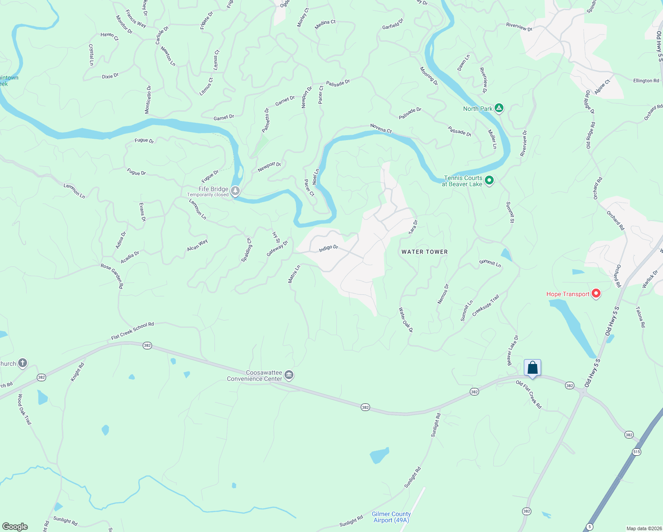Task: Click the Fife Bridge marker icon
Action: tap(235, 191)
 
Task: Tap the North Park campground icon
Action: tap(499, 108)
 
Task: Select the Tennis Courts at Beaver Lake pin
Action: tap(489, 180)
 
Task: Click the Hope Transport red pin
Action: tap(596, 293)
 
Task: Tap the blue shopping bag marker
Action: tap(532, 368)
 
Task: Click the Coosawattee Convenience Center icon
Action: tap(289, 375)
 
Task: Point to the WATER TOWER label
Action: tap(425, 252)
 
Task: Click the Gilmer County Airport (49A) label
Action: tap(391, 517)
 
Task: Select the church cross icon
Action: tap(22, 363)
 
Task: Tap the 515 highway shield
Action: tap(637, 452)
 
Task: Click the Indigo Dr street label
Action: tap(328, 249)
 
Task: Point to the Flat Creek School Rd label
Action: tap(133, 331)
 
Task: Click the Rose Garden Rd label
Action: tap(112, 276)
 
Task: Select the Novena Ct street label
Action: tap(381, 129)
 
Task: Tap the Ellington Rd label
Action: tap(646, 81)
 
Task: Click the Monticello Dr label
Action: tap(148, 100)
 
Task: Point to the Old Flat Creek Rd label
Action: tap(529, 394)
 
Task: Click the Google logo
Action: tap(15, 527)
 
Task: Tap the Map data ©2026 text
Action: tap(642, 528)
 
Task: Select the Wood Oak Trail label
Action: tap(25, 409)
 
